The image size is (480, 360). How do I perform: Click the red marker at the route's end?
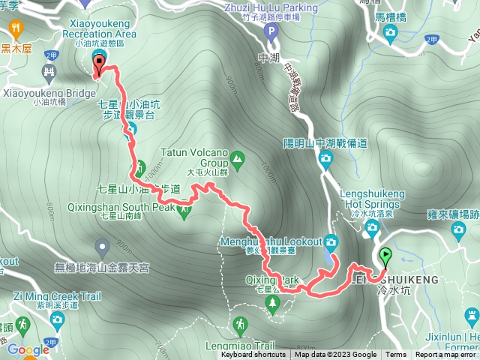tap(98, 66)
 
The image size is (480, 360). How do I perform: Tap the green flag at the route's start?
tap(385, 257)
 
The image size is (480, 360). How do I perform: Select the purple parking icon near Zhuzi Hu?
tap(271, 31)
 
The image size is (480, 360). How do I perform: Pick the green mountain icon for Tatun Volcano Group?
tap(237, 158)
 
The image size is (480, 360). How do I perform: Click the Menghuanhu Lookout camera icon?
tap(331, 241)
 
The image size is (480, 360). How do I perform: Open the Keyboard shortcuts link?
tap(253, 355)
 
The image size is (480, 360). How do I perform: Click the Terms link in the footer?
tap(396, 355)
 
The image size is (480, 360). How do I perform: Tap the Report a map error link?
tap(445, 355)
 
